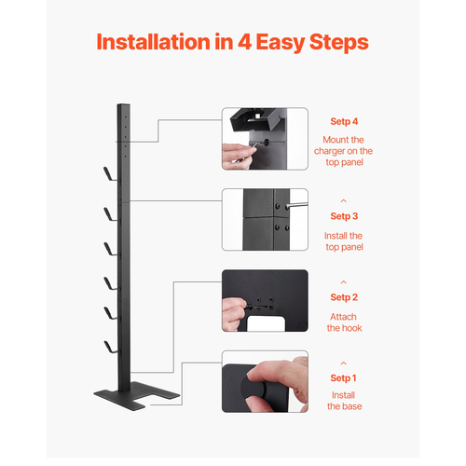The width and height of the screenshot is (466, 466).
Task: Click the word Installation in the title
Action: [154, 42]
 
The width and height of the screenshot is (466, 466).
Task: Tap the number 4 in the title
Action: [244, 42]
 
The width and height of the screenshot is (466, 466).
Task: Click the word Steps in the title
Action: [339, 43]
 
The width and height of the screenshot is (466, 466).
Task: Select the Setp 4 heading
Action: [344, 121]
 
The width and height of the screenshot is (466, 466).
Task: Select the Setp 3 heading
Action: [344, 216]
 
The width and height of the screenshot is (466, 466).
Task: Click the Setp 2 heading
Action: [344, 297]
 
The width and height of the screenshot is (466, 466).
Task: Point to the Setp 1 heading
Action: [343, 378]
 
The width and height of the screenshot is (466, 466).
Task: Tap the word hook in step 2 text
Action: [353, 328]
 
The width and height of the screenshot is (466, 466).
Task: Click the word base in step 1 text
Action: [353, 406]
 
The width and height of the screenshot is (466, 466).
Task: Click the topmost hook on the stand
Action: [110, 174]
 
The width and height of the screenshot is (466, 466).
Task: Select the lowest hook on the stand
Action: [110, 347]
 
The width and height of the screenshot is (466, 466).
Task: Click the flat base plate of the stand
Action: [137, 396]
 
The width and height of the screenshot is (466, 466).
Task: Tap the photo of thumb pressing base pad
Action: [265, 381]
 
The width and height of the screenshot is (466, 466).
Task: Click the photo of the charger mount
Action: [265, 139]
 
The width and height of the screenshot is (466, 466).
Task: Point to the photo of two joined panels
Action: [265, 219]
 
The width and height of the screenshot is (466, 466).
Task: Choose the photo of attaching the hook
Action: [265, 300]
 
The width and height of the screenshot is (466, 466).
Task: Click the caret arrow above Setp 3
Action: [344, 201]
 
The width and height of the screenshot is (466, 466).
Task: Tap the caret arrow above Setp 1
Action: [344, 363]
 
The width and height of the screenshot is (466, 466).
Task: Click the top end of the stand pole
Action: [123, 104]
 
